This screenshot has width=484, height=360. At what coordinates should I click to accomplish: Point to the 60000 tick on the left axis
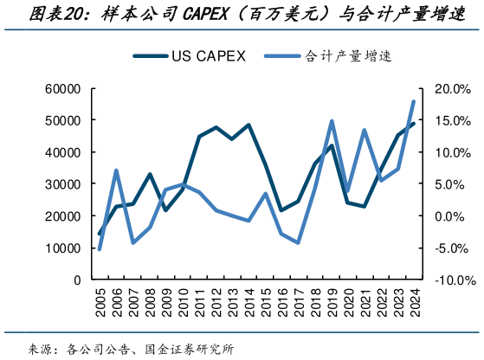62,89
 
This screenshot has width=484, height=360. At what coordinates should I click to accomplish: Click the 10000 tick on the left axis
62,248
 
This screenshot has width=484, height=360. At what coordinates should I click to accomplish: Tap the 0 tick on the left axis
77,280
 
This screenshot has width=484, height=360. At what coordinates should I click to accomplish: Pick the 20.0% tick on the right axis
450,89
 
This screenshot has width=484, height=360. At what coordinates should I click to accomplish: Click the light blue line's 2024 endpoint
413,101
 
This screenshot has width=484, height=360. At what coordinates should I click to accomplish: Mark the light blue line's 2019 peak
331,121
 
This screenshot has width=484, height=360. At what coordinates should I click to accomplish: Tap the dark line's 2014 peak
248,125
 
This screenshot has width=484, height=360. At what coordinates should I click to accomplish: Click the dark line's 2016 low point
281,210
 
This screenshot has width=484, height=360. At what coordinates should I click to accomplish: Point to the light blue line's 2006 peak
116,170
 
